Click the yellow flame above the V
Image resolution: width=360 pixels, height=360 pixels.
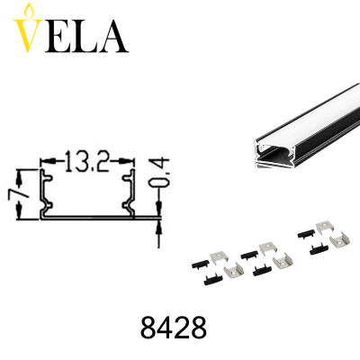[29, 11]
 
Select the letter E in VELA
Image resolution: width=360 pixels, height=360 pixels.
[58, 37]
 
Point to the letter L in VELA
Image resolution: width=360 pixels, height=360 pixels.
[85, 37]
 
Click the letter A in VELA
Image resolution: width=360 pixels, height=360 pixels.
[112, 36]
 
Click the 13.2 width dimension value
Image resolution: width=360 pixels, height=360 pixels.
[86, 161]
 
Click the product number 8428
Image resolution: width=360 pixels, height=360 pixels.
[174, 327]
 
